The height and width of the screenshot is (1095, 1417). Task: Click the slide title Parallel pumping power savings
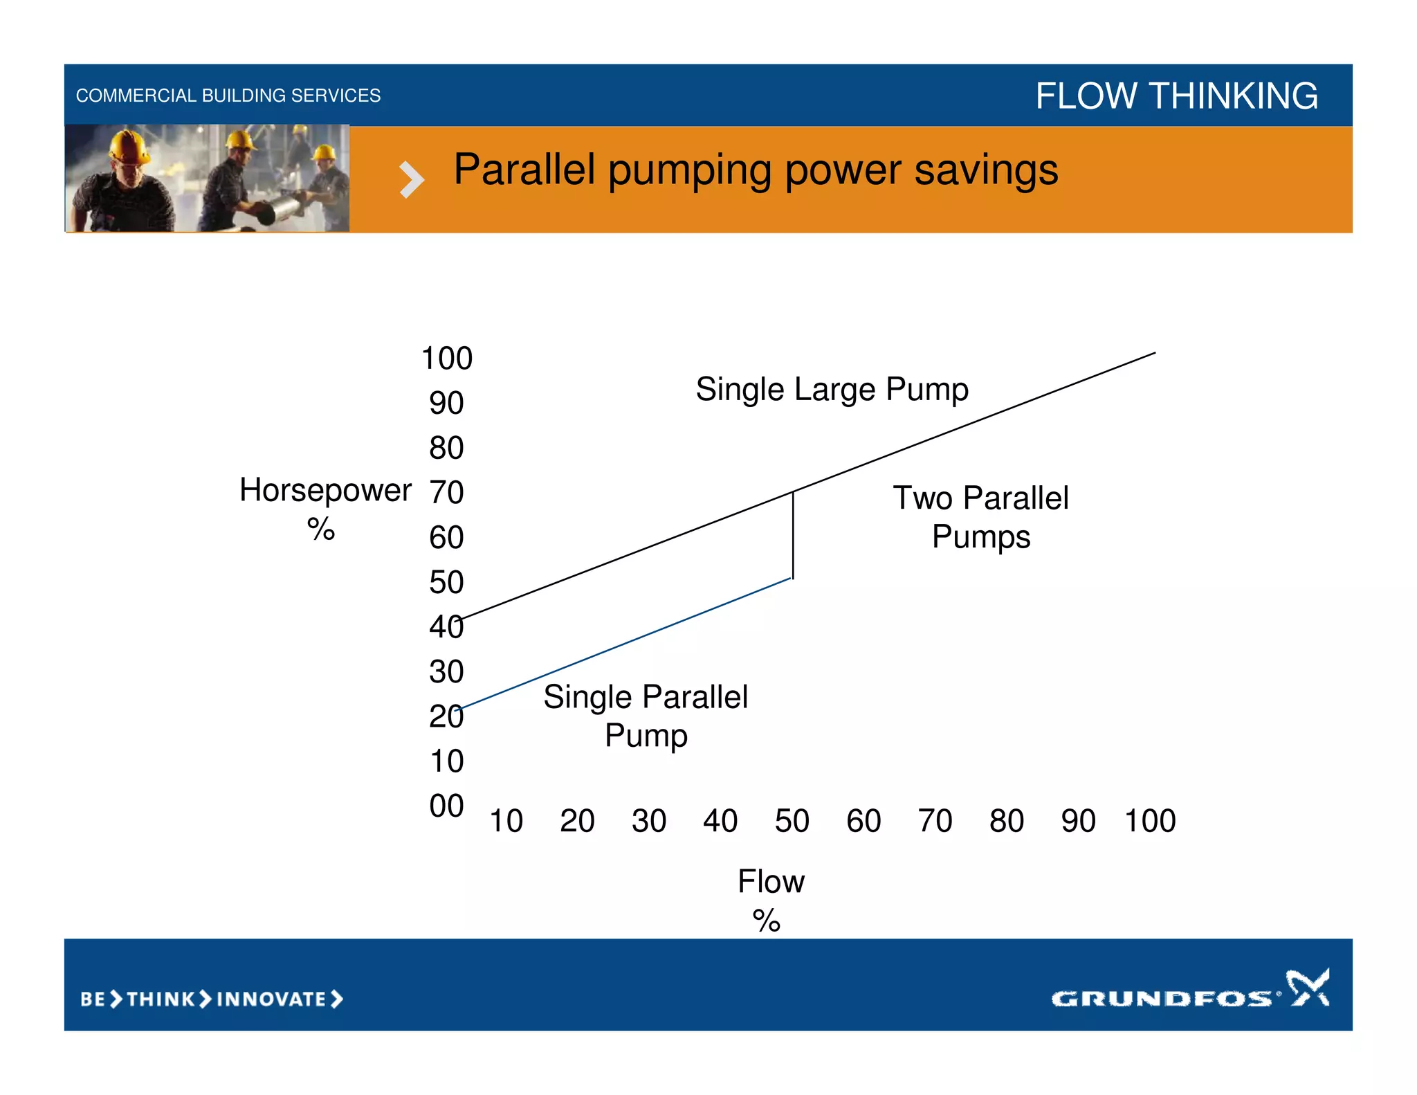755,170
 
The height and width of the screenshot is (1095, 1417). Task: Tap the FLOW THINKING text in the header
1176,96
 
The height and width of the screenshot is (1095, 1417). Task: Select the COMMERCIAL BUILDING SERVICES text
228,96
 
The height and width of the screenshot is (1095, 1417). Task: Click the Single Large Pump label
832,389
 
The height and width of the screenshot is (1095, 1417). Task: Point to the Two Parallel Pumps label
980,517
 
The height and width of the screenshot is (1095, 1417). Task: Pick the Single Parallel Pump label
645,716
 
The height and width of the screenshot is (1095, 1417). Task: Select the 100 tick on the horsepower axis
447,359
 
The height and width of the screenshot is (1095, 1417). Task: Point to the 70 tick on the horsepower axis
446,493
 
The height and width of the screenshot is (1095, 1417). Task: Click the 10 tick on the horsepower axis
446,761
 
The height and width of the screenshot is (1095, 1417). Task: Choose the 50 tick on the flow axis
792,821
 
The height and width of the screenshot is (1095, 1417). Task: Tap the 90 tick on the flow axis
1078,821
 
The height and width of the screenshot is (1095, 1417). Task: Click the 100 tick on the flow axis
1150,821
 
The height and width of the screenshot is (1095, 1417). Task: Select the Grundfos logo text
1162,998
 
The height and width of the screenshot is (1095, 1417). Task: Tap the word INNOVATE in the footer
271,999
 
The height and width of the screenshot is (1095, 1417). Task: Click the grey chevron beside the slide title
411,180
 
